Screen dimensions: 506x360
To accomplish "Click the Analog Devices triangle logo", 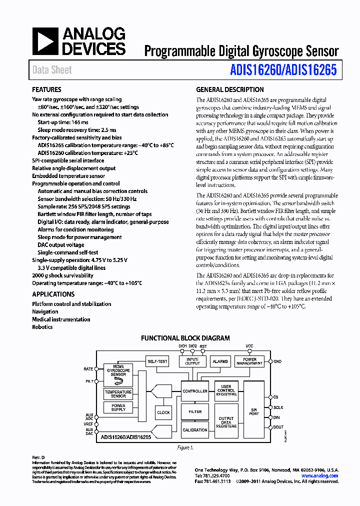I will pos(46,41).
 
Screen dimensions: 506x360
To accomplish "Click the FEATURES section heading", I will pos(46,90).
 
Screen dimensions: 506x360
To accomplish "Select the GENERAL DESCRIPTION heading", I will pos(229,90).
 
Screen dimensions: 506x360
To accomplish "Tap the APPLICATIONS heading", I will pos(53,294).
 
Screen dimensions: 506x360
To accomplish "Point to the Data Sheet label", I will pos(52,70).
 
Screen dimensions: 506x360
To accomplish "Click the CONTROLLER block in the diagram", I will pos(195,391).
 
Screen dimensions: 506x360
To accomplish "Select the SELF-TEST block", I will pos(157,361).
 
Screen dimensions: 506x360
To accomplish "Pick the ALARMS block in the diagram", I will pos(220,361).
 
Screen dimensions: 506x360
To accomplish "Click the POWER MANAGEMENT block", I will pos(249,361).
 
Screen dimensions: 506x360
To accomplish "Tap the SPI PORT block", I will pos(254,411).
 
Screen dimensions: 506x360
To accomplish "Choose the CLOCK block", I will pos(163,412).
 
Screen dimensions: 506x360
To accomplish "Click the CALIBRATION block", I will pos(195,430).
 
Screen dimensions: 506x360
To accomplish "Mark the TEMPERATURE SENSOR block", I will pos(118,394).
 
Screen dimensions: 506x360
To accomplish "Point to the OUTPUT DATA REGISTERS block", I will pos(226,422).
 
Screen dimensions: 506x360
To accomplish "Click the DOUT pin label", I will pos(278,427).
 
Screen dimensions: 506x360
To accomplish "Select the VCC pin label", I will pos(249,346).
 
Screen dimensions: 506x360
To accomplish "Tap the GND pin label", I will pos(277,361).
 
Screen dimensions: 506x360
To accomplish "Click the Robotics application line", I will pos(42,327).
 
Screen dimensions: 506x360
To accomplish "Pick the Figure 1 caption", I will pos(184,448).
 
